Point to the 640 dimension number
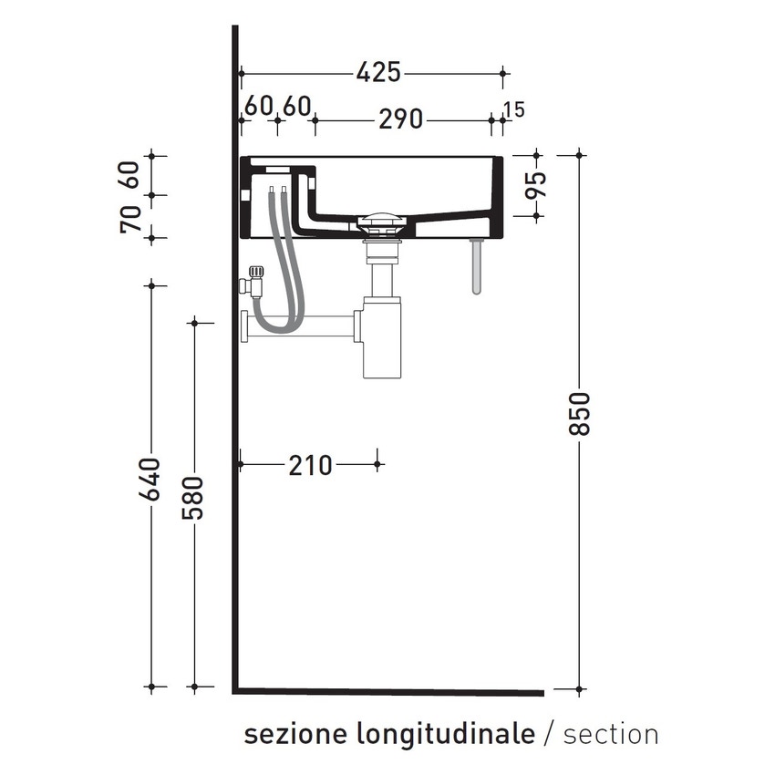[x=151, y=480]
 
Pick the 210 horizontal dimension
[x=310, y=465]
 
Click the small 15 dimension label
[x=513, y=109]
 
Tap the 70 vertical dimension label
[x=131, y=219]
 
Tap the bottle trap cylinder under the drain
[x=382, y=337]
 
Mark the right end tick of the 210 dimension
[x=377, y=465]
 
